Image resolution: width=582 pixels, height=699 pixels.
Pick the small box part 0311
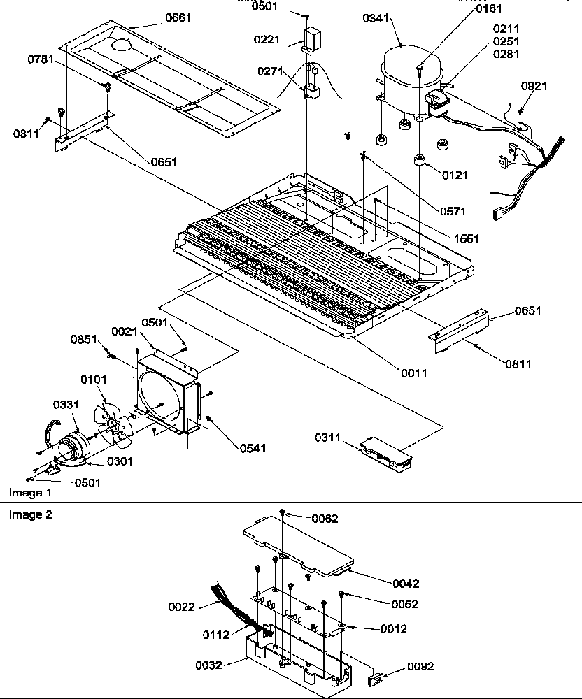coord(385,450)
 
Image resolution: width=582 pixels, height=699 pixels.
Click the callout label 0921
coord(534,86)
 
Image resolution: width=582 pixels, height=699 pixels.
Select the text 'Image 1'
coord(30,493)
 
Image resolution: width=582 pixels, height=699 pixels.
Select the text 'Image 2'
coord(30,515)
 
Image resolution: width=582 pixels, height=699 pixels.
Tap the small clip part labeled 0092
coord(376,678)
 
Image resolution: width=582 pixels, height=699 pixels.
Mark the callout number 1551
coord(466,238)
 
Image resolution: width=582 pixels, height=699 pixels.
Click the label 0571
coord(454,210)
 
